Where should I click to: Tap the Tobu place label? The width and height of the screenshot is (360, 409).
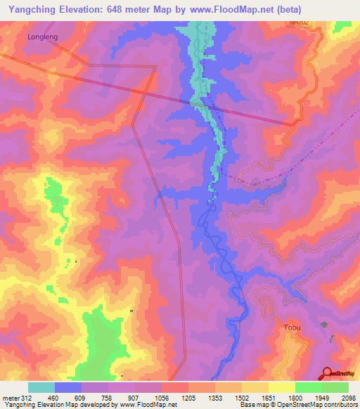(292, 328)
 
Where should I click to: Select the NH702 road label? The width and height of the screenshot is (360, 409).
(298, 23)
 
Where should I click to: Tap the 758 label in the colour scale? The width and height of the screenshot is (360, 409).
(108, 397)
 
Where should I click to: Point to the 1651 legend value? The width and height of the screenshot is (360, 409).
(268, 397)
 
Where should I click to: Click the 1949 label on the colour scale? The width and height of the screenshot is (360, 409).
(321, 397)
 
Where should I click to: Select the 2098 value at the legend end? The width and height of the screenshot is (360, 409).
(348, 397)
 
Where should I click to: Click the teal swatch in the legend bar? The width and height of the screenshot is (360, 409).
(41, 387)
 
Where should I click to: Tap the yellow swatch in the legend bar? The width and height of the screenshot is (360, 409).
(281, 387)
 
